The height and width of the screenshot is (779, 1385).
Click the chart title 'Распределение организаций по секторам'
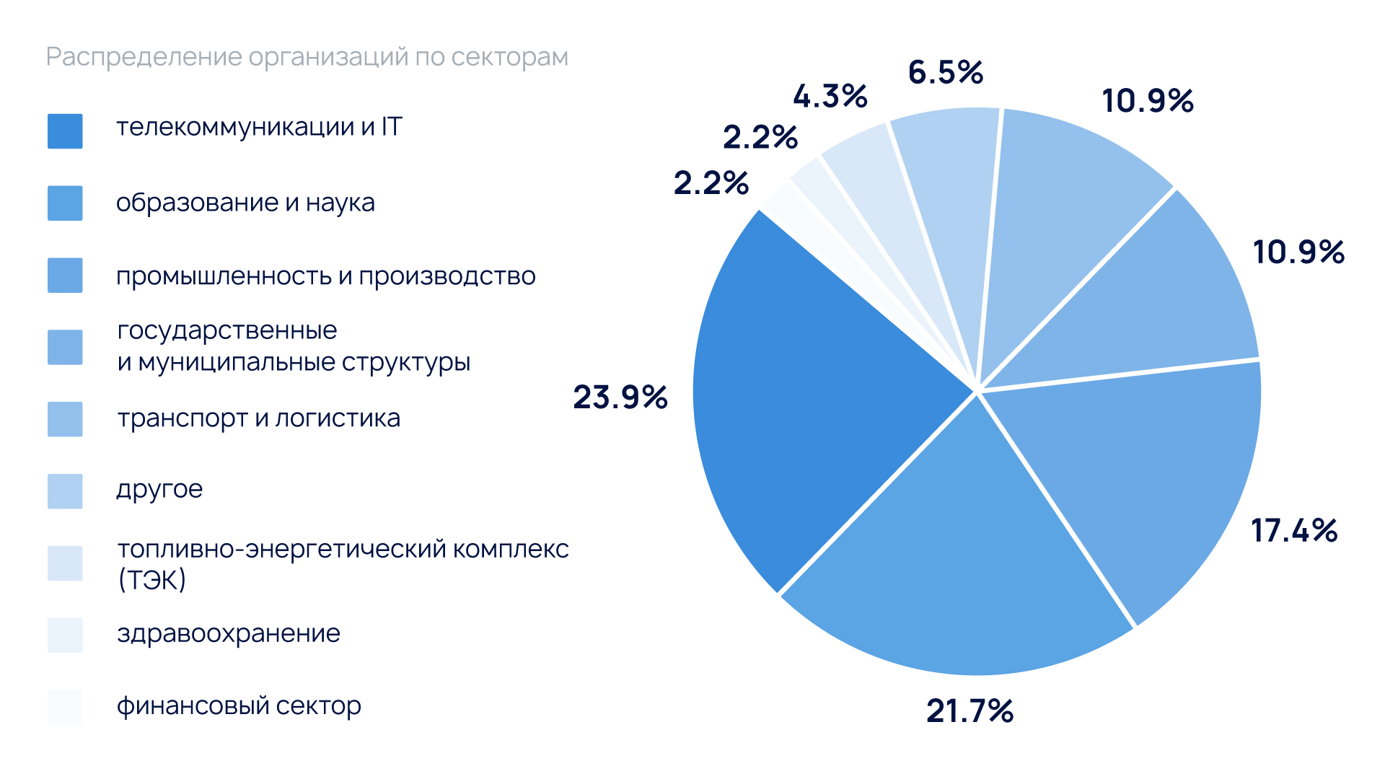coord(307,57)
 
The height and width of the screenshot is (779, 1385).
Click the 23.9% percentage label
coord(620,397)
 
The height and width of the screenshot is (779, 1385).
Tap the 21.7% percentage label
coord(969,711)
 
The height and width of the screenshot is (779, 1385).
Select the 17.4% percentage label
coord(1294,531)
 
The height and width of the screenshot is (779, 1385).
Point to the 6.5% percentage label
coord(946,73)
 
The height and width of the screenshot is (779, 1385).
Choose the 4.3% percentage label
coord(830,97)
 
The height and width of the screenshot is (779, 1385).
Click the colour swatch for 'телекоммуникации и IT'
coord(65,131)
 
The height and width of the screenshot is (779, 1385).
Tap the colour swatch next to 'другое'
coord(65,491)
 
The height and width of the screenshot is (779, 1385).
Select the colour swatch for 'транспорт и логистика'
coord(65,419)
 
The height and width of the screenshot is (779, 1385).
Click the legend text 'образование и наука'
coord(245,203)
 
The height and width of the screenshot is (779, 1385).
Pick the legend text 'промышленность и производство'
coord(326,276)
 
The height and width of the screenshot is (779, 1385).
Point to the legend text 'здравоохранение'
coord(229,634)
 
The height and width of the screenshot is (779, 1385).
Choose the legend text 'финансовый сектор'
coord(239,706)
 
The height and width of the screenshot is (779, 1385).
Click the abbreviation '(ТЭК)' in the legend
coord(152,580)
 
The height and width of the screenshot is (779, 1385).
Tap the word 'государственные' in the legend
coord(227,331)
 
